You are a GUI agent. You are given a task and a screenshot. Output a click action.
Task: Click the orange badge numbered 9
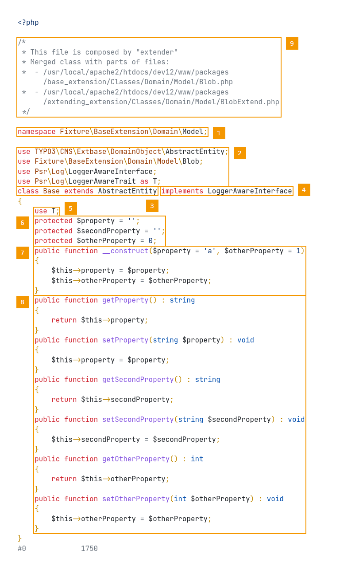(x=292, y=43)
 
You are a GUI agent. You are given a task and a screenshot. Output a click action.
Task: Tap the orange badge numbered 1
(x=219, y=133)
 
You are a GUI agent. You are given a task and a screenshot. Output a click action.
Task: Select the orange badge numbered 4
(x=304, y=190)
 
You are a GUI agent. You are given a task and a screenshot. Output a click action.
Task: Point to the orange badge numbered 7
(x=23, y=253)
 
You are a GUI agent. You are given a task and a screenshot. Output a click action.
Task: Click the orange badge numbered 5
(x=70, y=208)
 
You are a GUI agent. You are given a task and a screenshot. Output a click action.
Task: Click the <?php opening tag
(x=28, y=23)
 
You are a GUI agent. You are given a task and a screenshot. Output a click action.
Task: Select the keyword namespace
(x=36, y=132)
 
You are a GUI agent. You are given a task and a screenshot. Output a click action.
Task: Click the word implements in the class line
(x=182, y=191)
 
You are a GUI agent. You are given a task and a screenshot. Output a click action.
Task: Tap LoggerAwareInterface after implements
(x=250, y=191)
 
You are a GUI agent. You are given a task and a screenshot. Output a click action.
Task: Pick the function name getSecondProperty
(x=138, y=380)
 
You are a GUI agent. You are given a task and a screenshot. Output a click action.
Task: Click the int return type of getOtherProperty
(x=197, y=459)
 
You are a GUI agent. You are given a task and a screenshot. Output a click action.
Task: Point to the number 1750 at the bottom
(x=89, y=549)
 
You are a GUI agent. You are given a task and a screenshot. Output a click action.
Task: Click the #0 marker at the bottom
(x=22, y=549)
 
